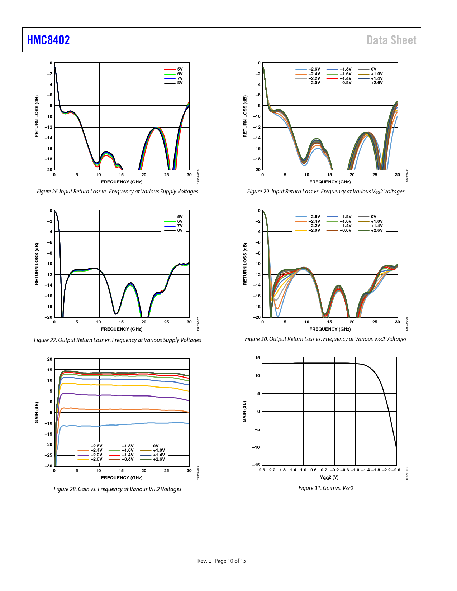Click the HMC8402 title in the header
48,40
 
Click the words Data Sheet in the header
391,40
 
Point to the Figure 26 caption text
117,192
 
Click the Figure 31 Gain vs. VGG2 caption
326,488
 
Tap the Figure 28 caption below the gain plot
117,489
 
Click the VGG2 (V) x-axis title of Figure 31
329,477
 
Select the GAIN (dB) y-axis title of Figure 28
37,412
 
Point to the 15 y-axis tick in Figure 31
257,358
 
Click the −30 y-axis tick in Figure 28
48,466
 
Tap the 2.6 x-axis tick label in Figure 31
262,470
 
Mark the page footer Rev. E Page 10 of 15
222,561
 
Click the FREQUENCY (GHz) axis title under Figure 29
330,182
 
